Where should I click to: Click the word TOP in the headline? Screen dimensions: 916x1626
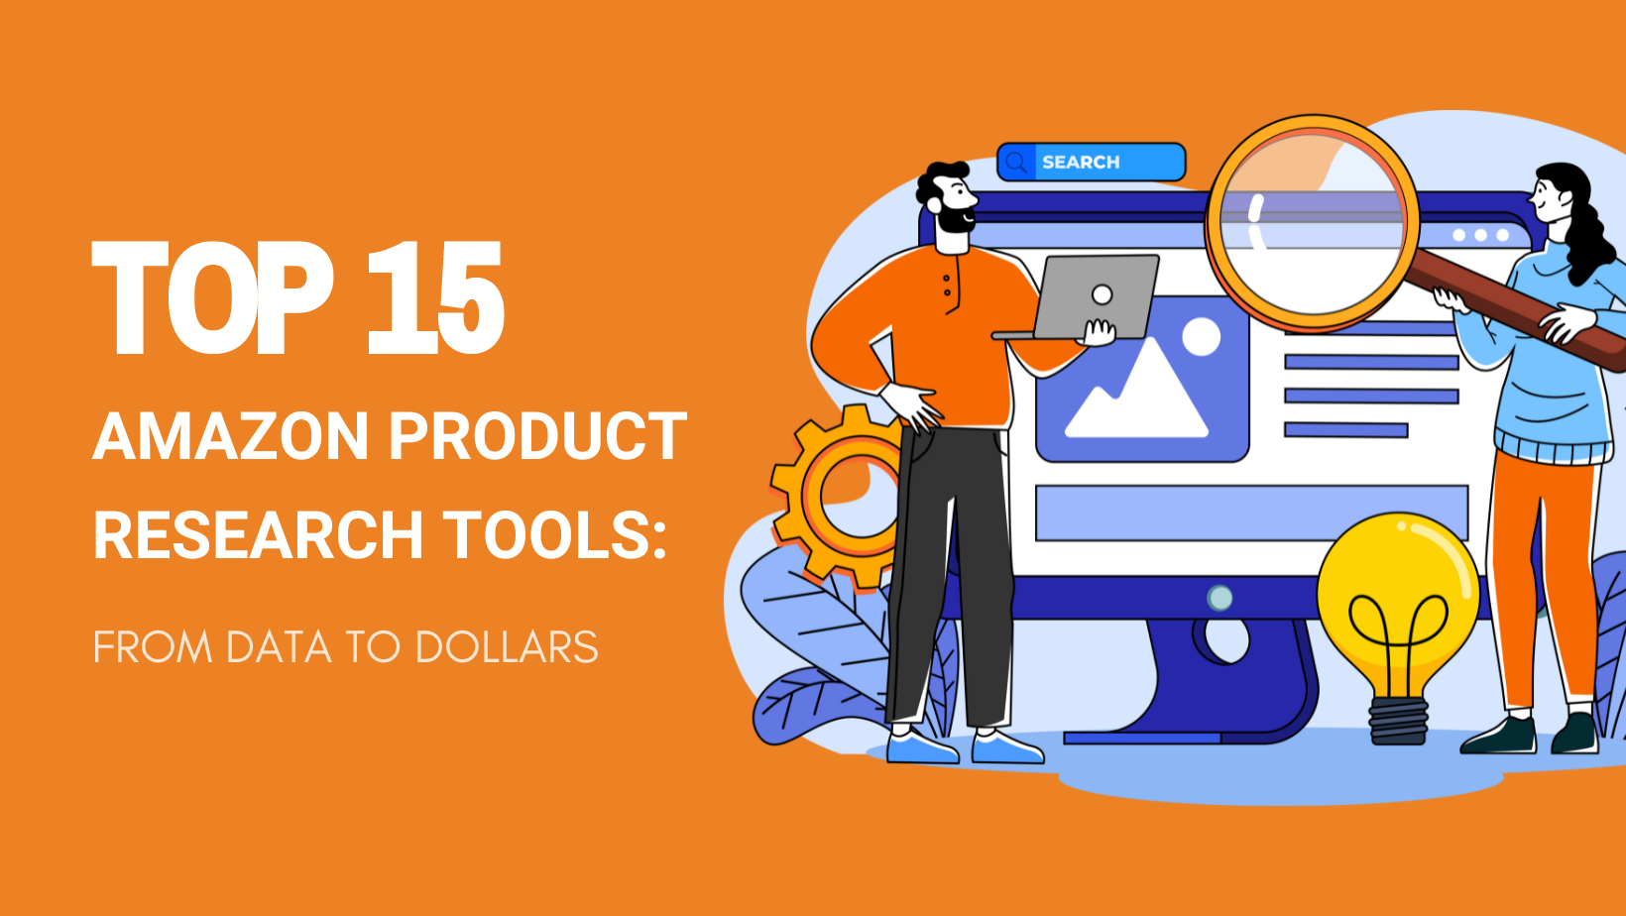point(210,298)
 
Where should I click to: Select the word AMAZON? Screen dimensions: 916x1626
point(230,436)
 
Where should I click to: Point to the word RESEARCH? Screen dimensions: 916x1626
point(258,535)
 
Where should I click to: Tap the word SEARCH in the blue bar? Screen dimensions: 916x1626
point(1081,162)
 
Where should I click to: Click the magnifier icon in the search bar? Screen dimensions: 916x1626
point(1016,162)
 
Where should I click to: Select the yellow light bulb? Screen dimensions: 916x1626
point(1398,595)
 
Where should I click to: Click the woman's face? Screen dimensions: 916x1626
point(1549,198)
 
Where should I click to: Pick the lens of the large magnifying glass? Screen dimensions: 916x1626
point(1311,223)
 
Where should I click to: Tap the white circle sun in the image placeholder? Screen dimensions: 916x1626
point(1201,337)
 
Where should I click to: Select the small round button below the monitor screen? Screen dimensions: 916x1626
point(1219,598)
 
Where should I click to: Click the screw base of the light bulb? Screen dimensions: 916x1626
point(1398,721)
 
